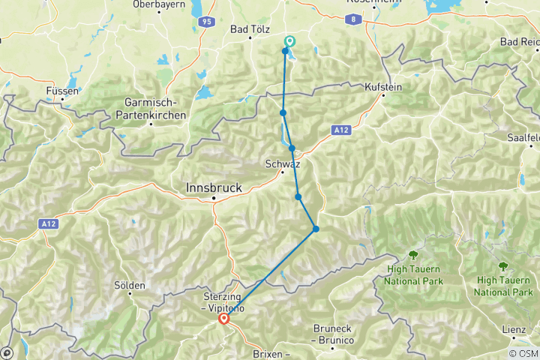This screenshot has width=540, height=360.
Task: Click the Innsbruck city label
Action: pyautogui.click(x=213, y=187)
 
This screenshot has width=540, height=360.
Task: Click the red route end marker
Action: pyautogui.click(x=224, y=319)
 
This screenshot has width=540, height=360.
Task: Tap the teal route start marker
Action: pyautogui.click(x=290, y=42)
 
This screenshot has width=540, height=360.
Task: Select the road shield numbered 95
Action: pyautogui.click(x=206, y=22)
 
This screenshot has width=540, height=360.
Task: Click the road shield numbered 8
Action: pyautogui.click(x=352, y=20)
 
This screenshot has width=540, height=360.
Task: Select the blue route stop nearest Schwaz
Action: pyautogui.click(x=292, y=148)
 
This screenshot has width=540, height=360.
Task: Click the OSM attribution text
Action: pyautogui.click(x=523, y=353)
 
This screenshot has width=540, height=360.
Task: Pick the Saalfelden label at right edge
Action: pyautogui.click(x=524, y=138)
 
